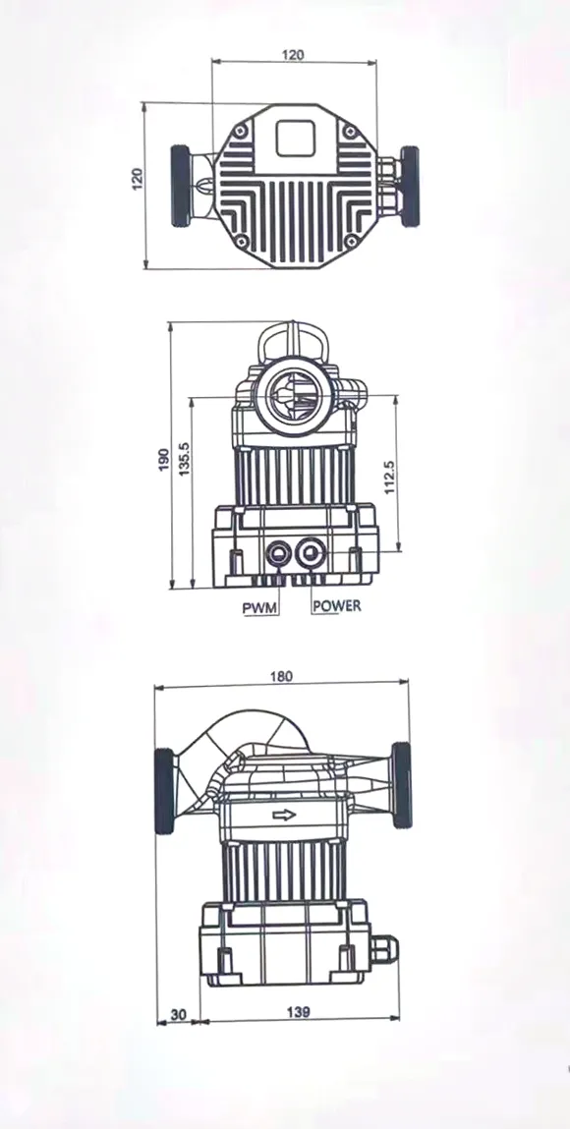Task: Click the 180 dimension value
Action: click(x=282, y=676)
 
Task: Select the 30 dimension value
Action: click(x=178, y=1012)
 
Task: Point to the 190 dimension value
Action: click(x=163, y=458)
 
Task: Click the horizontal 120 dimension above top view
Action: click(x=293, y=55)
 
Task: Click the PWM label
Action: click(x=260, y=607)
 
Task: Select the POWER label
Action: click(x=336, y=606)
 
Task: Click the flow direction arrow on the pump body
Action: click(x=284, y=815)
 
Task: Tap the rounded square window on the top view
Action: click(x=295, y=137)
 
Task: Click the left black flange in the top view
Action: click(x=182, y=186)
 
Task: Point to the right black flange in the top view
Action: click(x=409, y=186)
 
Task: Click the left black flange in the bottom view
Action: click(x=164, y=792)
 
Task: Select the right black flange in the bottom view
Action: click(x=402, y=786)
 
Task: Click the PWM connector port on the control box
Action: click(x=277, y=555)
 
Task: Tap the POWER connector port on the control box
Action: click(x=313, y=555)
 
